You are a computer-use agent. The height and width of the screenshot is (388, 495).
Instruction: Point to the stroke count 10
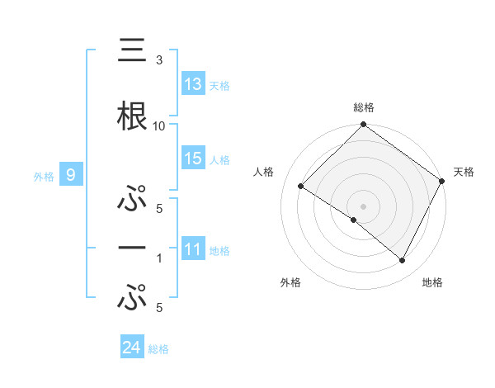(160, 125)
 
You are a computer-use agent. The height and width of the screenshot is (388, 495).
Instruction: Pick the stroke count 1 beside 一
(159, 258)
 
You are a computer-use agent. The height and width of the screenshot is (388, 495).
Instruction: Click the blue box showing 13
(193, 84)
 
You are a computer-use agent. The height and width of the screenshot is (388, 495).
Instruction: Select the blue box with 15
(193, 159)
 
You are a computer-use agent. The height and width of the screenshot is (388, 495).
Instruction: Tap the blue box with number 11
(193, 249)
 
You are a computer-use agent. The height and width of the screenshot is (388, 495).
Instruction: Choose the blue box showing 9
(71, 174)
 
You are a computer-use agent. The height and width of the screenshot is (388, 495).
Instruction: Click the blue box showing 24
(131, 348)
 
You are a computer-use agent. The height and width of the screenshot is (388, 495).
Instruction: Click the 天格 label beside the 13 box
(219, 86)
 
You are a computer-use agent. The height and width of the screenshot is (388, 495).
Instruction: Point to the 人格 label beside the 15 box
(219, 160)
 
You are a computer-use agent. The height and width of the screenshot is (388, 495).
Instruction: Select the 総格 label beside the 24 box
(158, 349)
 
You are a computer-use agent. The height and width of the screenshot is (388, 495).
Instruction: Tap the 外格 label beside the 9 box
(44, 176)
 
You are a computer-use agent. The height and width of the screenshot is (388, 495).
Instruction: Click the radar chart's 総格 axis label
(363, 107)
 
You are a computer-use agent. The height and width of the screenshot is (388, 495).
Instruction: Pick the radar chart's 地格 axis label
(432, 283)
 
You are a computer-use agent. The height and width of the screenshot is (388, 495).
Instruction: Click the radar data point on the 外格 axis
(354, 220)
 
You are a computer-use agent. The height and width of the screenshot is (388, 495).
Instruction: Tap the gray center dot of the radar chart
(363, 206)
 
